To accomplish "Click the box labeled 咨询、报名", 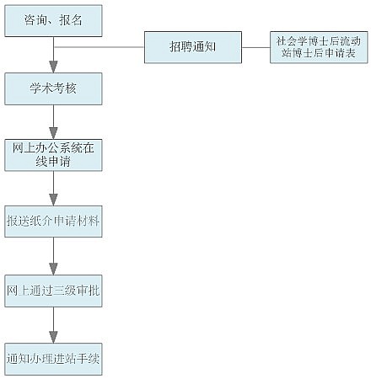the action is [x=53, y=21].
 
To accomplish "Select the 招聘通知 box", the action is [x=193, y=47].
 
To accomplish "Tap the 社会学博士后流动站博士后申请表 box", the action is [x=319, y=47].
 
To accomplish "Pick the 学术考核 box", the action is [x=53, y=89].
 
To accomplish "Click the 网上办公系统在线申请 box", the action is [x=53, y=155].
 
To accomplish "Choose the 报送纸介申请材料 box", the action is [x=53, y=222].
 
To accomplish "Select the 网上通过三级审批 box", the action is [x=53, y=291].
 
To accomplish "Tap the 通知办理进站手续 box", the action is [x=53, y=359].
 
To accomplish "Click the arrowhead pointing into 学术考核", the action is [x=53, y=67].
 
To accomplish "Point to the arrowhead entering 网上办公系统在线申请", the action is [x=53, y=133].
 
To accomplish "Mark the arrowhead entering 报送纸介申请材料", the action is [x=53, y=200].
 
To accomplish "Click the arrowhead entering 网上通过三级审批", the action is [x=53, y=269].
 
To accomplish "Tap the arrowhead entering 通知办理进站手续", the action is [x=53, y=337].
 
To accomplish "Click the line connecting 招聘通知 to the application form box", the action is [x=256, y=47].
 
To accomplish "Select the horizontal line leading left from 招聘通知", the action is [x=99, y=47].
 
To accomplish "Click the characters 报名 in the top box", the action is [x=71, y=20].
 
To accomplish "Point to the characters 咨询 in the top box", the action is [x=35, y=20].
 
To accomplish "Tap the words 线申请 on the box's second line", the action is [x=53, y=162].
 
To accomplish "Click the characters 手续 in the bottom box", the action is [x=89, y=359].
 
